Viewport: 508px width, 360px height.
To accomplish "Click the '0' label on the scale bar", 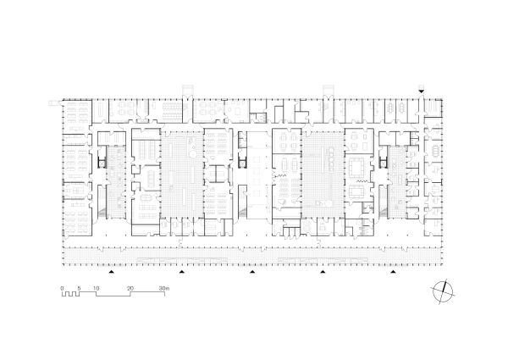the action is pyautogui.click(x=62, y=288).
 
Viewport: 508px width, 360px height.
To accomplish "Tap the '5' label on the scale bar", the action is pyautogui.click(x=79, y=288).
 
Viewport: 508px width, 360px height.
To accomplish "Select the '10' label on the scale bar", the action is pyautogui.click(x=97, y=288).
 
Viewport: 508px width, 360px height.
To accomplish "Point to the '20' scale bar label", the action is pyautogui.click(x=130, y=288).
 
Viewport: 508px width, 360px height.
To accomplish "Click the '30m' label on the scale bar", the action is pyautogui.click(x=164, y=288).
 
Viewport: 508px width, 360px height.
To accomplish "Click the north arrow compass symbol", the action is pyautogui.click(x=443, y=291).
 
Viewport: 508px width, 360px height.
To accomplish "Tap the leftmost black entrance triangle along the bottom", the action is pyautogui.click(x=112, y=272).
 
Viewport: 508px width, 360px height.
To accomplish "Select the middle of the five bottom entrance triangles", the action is pyautogui.click(x=252, y=272).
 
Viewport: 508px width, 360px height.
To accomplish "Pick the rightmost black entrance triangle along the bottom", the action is pyautogui.click(x=394, y=272).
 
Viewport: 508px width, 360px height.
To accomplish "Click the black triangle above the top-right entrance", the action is pyautogui.click(x=421, y=91).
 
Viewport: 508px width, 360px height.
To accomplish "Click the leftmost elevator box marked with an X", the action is pyautogui.click(x=102, y=164).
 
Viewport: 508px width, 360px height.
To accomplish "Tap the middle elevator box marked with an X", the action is pyautogui.click(x=242, y=164).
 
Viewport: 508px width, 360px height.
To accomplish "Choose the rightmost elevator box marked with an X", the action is pyautogui.click(x=384, y=164).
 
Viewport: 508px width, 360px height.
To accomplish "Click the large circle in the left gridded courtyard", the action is pyautogui.click(x=192, y=153).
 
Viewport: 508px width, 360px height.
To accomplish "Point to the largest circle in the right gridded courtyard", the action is pyautogui.click(x=329, y=203).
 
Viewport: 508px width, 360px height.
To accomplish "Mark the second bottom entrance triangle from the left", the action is pyautogui.click(x=182, y=272).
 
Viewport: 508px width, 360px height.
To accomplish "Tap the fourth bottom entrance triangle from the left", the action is pyautogui.click(x=323, y=272).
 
